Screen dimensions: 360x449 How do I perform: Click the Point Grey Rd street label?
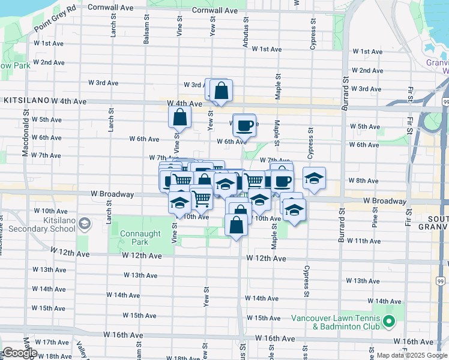(55, 19)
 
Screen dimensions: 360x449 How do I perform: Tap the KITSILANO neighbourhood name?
(26, 102)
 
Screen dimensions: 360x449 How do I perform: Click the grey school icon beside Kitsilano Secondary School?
(85, 224)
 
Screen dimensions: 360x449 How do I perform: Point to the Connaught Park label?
(136, 238)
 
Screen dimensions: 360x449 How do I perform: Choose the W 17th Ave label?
(52, 342)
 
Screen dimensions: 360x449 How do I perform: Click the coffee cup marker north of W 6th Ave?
(244, 125)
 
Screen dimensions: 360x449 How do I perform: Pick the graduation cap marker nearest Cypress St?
(314, 179)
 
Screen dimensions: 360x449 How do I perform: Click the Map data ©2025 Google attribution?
(411, 355)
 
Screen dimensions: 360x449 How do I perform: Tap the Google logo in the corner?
(20, 353)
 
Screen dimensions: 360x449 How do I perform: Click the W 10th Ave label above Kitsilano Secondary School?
(50, 211)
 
